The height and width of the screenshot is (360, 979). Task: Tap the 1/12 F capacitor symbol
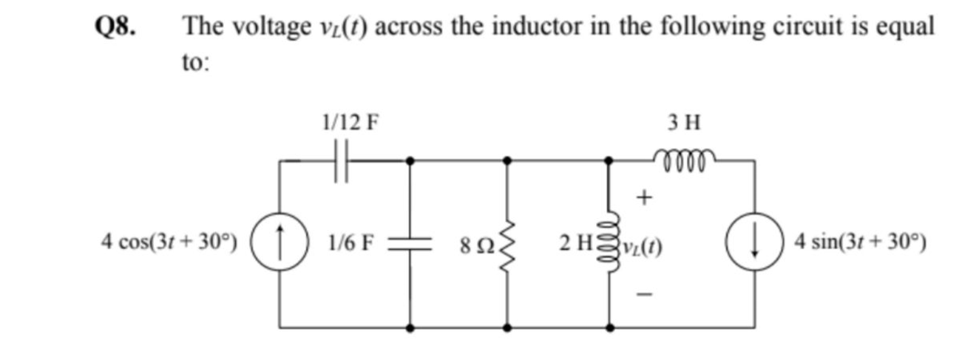coord(341,160)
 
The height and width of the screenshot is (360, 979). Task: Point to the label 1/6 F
coord(354,242)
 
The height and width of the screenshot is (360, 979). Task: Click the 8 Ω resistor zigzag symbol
coord(507,242)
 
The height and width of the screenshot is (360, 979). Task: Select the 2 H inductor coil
coord(610,242)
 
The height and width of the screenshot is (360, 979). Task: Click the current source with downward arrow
coord(754,242)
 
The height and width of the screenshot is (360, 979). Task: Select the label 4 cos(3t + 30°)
coord(170,242)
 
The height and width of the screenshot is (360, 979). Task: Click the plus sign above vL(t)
coord(645,197)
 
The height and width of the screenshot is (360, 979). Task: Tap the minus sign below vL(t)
coord(645,293)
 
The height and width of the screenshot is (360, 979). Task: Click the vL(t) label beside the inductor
coord(644,243)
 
